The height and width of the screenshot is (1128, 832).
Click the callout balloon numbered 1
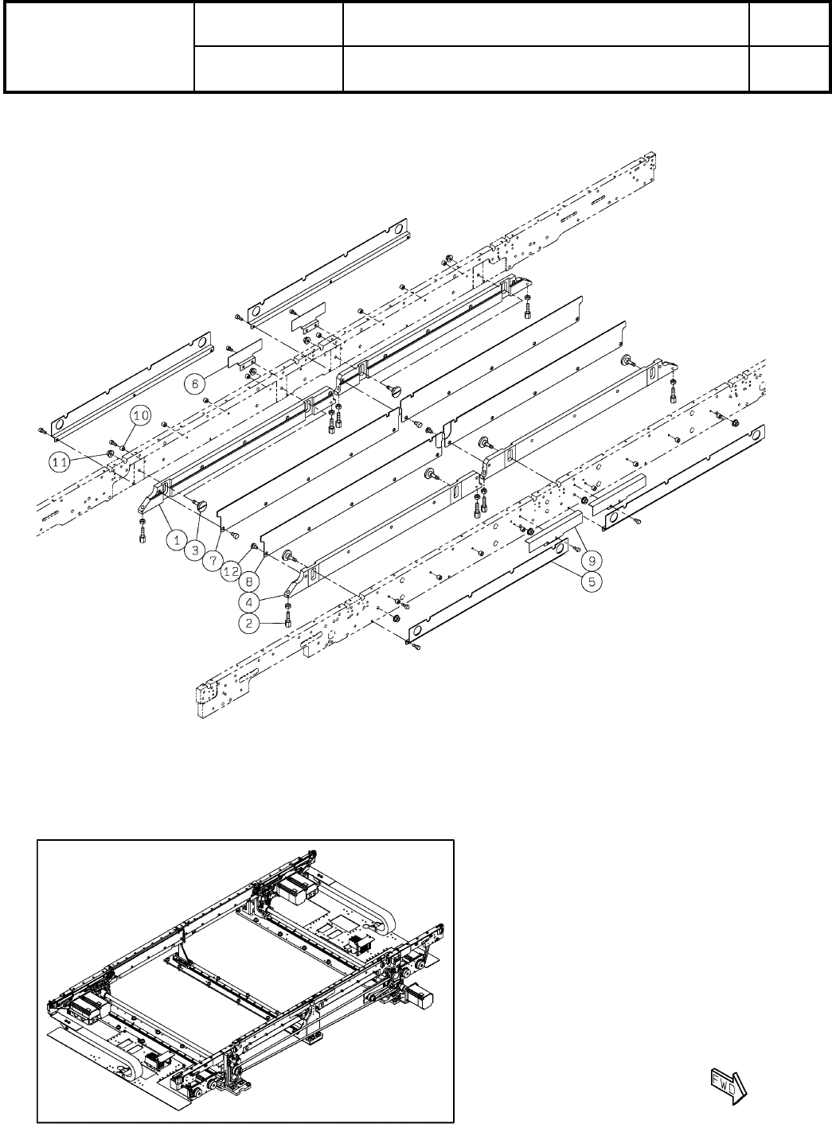178,539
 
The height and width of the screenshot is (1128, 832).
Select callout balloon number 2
250,624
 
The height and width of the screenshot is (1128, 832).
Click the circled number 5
592,582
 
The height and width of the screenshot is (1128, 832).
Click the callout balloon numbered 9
592,562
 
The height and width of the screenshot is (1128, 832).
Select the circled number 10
140,415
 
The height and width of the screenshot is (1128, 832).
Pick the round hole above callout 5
560,547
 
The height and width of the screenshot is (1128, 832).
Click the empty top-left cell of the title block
100,46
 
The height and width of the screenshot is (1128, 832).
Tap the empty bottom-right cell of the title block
787,68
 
